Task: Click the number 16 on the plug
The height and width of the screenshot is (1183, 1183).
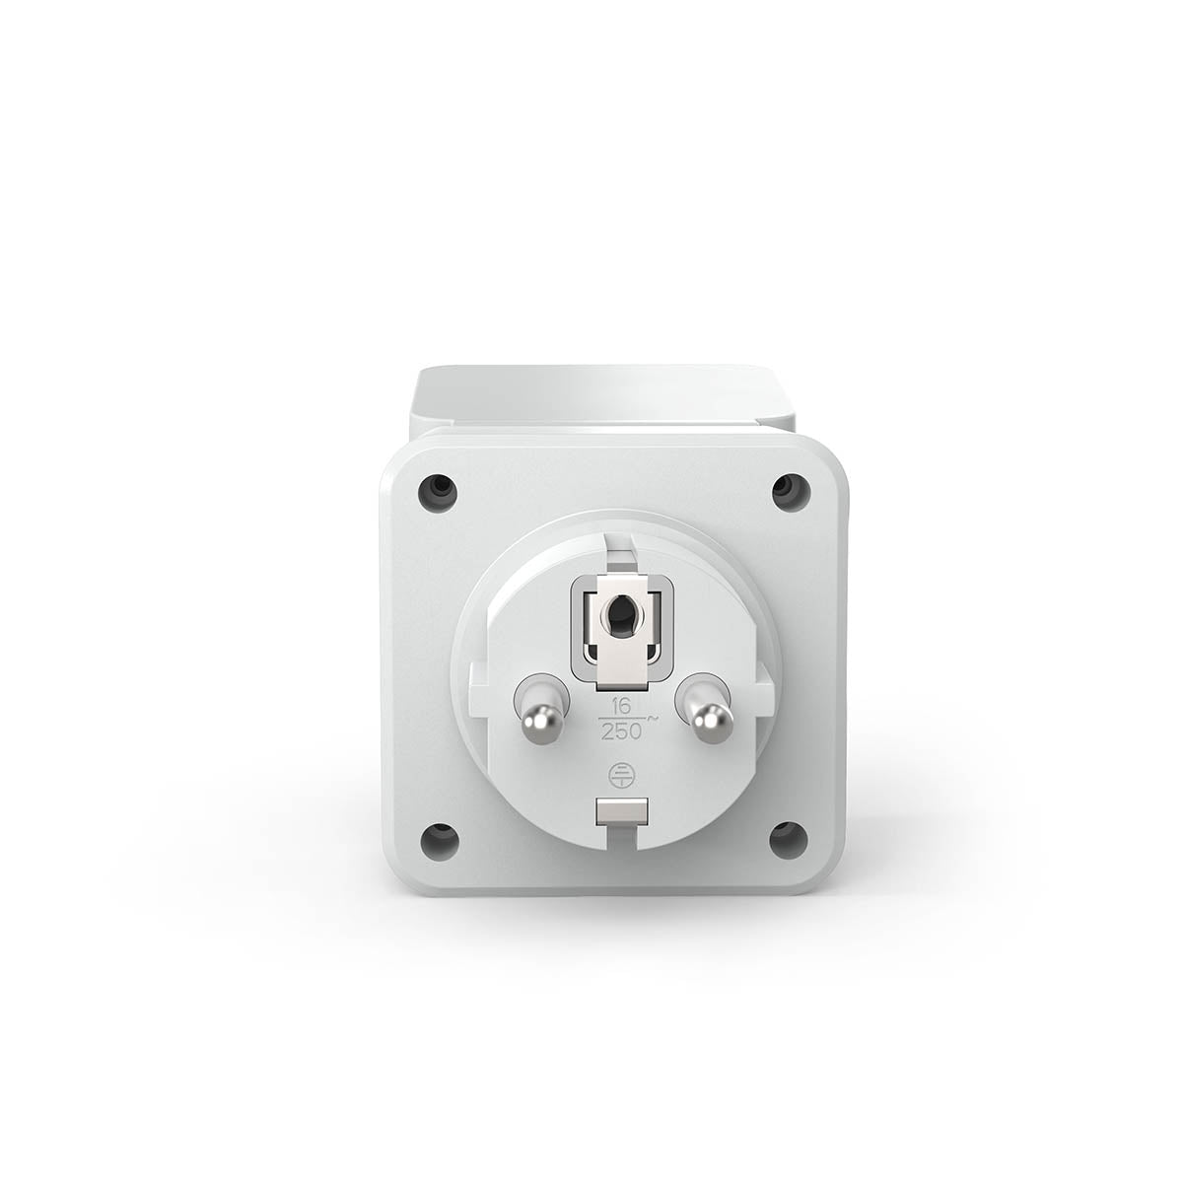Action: pyautogui.click(x=621, y=707)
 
